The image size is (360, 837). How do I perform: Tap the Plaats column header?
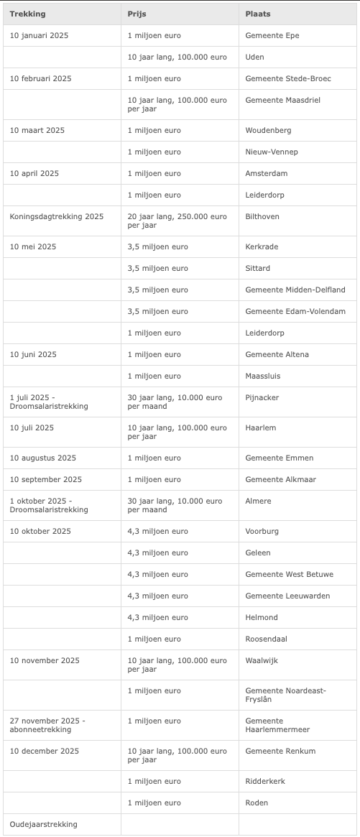tap(258, 14)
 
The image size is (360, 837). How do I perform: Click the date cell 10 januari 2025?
tap(40, 35)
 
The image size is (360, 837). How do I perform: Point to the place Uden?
tap(254, 57)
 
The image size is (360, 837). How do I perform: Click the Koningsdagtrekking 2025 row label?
tap(57, 216)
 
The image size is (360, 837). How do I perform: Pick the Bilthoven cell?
tap(262, 216)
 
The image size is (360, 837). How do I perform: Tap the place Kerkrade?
tap(262, 246)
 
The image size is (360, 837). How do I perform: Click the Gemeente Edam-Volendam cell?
tap(295, 311)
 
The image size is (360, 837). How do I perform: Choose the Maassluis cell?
tap(263, 376)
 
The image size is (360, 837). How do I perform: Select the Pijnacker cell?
tap(262, 397)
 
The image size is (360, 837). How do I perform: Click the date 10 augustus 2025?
tap(43, 458)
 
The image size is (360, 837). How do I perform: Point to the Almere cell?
tap(258, 501)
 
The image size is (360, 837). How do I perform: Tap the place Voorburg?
tap(262, 531)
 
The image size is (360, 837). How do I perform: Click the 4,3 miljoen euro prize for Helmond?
tap(157, 617)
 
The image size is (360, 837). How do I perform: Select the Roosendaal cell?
tap(265, 639)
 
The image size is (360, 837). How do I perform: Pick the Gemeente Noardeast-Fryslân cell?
tap(285, 695)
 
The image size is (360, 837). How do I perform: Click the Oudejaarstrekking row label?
tap(44, 824)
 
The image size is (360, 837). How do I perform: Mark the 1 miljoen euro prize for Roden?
tap(154, 803)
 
